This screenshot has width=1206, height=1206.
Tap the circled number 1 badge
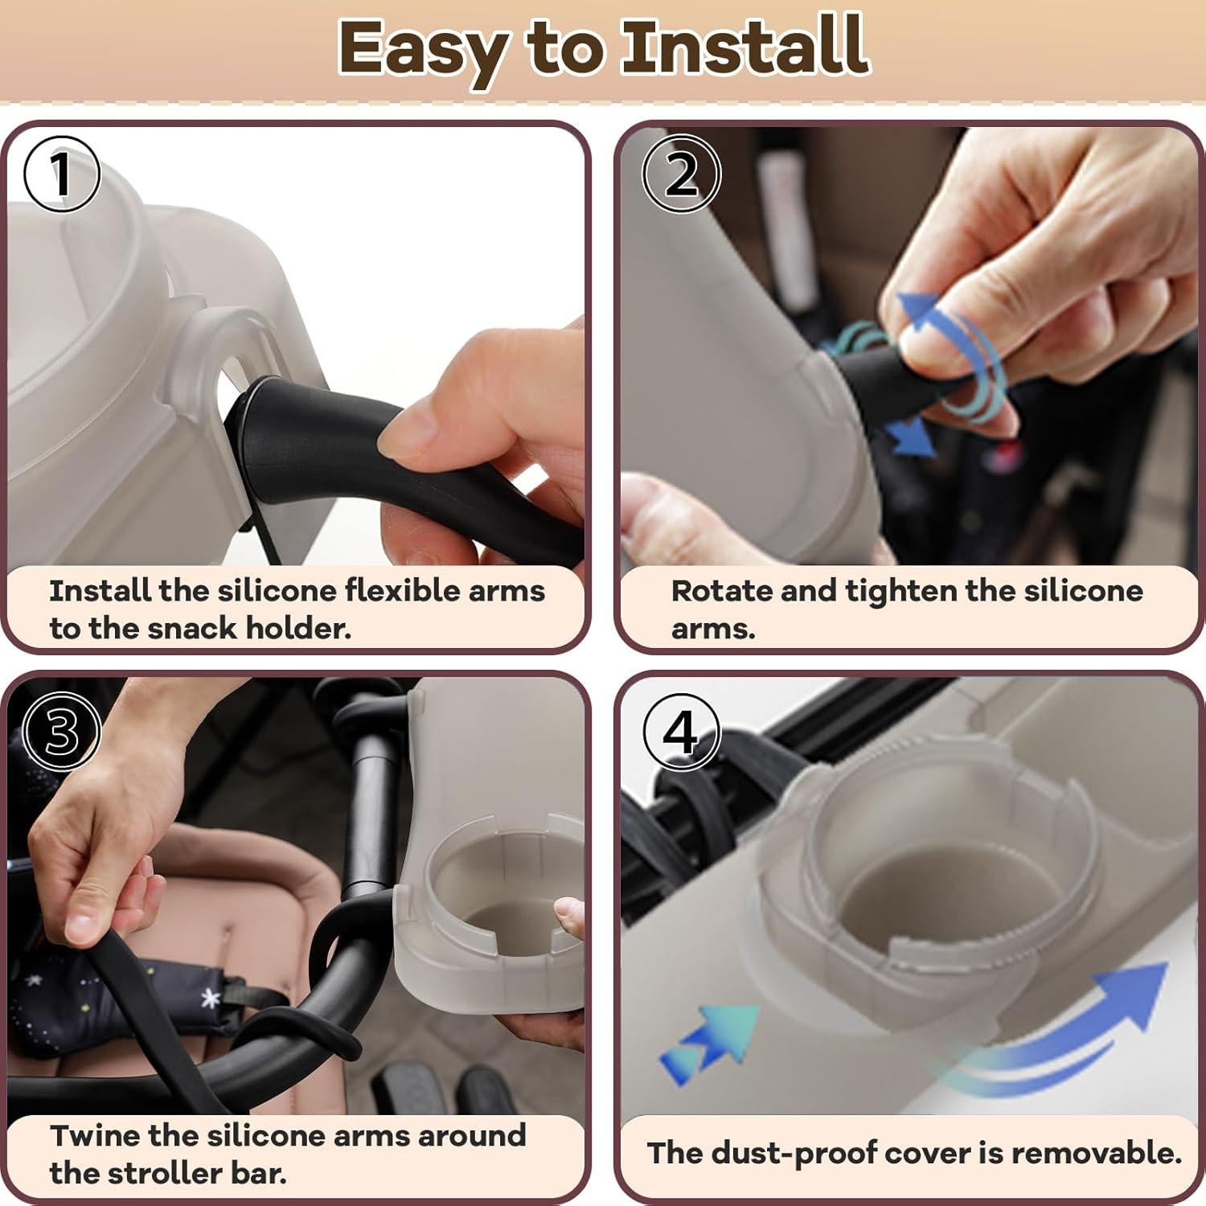click(62, 174)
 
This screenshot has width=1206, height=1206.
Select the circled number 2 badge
click(682, 174)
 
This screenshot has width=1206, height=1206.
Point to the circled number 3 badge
click(62, 731)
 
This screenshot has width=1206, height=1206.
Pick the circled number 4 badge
click(682, 732)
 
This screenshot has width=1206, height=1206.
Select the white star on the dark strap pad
click(211, 999)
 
